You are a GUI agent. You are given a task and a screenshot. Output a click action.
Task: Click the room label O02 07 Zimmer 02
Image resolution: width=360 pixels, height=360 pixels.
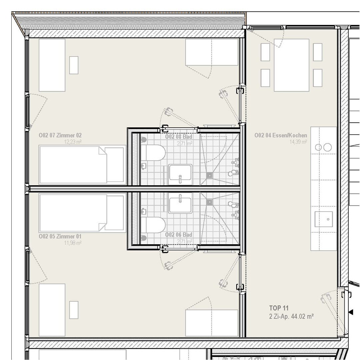(x=60, y=135)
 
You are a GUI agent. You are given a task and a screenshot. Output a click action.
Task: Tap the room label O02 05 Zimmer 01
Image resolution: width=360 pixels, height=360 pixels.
(x=60, y=236)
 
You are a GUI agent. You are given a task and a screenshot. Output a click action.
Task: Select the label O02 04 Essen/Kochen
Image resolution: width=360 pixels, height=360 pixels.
(x=281, y=135)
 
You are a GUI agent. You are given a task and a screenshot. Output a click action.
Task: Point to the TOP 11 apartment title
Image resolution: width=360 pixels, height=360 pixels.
(x=279, y=308)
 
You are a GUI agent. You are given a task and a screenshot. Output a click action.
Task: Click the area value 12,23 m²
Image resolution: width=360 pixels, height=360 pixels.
(x=73, y=142)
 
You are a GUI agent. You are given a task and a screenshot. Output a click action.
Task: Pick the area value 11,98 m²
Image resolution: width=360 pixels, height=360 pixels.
(x=73, y=243)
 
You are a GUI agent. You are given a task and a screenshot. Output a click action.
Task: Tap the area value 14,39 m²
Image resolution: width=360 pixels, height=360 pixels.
(x=298, y=142)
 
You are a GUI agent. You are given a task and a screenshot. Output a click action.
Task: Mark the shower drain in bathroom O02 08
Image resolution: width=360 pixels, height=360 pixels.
(x=209, y=175)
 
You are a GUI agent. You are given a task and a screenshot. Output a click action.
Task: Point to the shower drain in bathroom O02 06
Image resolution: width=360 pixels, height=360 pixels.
(x=209, y=202)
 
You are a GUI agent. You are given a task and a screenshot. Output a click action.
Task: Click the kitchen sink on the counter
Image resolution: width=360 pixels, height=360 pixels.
(x=324, y=219)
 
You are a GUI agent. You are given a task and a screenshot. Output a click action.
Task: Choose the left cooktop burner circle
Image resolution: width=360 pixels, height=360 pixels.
(x=318, y=147)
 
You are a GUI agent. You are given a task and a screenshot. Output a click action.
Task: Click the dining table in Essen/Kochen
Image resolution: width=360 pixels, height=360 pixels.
(x=291, y=65)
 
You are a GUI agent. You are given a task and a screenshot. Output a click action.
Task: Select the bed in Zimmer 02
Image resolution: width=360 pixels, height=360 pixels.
(x=82, y=165)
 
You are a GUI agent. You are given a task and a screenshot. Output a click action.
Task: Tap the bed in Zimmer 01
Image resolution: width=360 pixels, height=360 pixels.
(x=82, y=213)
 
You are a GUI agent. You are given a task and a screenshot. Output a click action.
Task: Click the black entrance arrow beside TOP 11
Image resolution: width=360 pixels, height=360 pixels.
(x=351, y=312)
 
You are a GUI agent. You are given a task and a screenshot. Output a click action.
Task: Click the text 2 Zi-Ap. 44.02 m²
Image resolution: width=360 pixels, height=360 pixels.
(x=291, y=316)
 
